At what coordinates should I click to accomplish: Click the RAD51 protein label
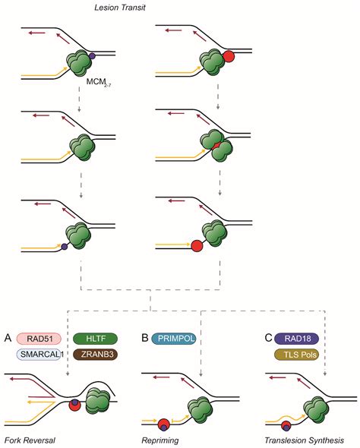point(39,339)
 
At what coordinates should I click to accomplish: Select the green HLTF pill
point(96,339)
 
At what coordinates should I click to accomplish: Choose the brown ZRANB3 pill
point(96,355)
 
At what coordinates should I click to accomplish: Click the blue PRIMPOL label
point(174,339)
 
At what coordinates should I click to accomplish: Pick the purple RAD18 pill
point(296,339)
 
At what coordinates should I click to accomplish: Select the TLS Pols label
point(296,355)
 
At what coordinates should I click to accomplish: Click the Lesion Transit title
point(120,8)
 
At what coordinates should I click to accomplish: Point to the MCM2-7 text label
point(99,82)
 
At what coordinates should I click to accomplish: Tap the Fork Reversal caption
point(30,440)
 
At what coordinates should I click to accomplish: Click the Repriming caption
point(160,440)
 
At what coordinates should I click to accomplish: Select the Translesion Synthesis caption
point(305,440)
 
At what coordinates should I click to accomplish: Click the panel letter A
point(8,339)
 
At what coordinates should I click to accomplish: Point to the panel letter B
point(145,339)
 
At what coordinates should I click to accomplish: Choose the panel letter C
point(269,339)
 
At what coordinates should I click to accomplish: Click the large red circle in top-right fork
point(229,56)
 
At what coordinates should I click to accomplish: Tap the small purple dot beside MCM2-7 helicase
point(92,56)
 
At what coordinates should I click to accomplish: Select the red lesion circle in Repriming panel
point(164,424)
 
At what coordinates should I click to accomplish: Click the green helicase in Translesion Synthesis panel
point(315,409)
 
